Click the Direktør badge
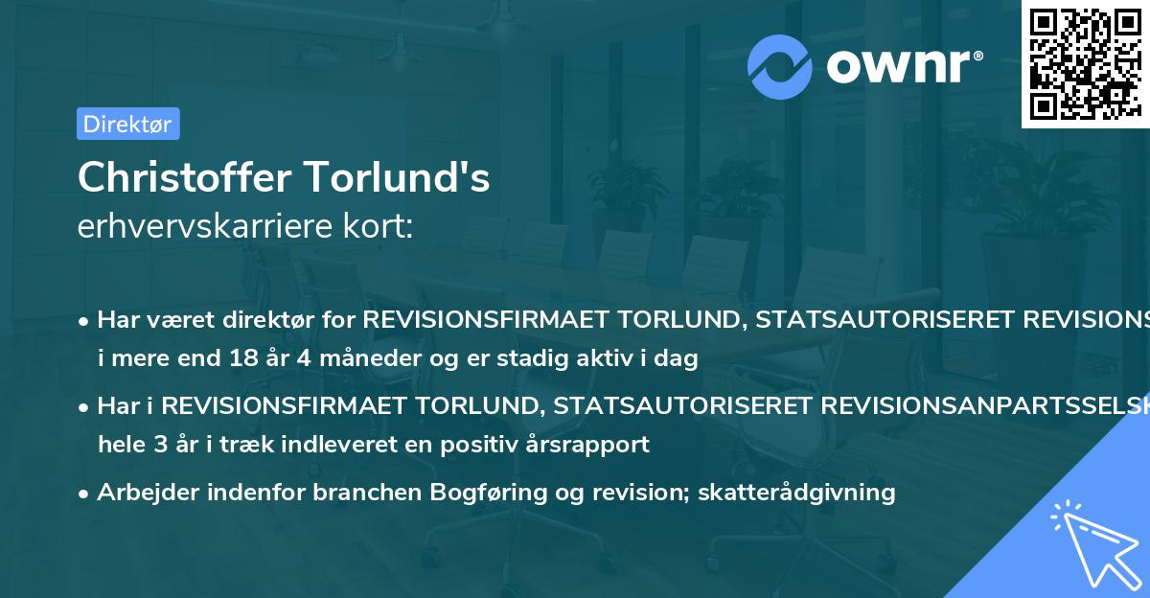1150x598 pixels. pyautogui.click(x=127, y=124)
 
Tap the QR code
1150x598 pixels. pyautogui.click(x=1085, y=64)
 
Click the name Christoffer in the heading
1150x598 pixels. pyautogui.click(x=184, y=177)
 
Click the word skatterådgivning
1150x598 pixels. pyautogui.click(x=796, y=493)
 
